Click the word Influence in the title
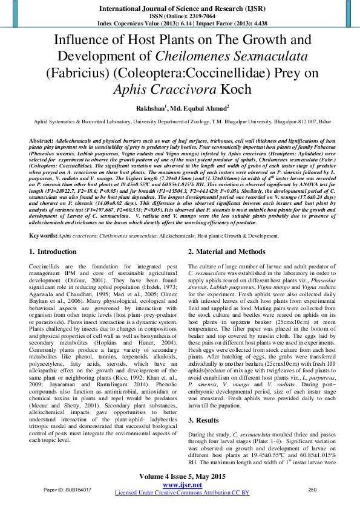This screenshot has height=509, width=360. tap(82, 41)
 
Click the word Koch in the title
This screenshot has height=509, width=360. tap(233, 89)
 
